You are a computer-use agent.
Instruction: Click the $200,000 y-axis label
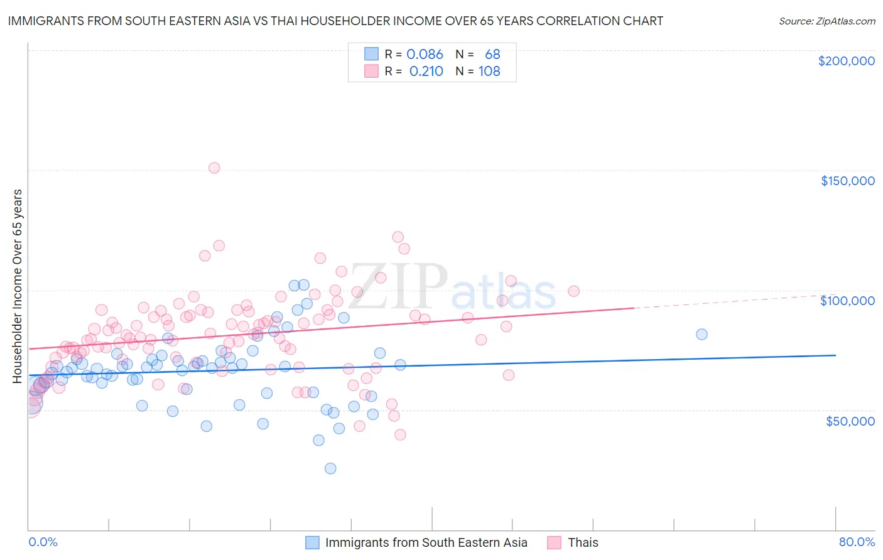pos(846,61)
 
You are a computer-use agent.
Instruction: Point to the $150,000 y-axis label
pos(847,181)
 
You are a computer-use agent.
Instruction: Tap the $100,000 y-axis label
pos(847,301)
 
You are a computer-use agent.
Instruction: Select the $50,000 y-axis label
pos(850,421)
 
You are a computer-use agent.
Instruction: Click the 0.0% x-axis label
pos(43,542)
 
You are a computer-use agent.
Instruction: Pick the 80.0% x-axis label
pos(857,542)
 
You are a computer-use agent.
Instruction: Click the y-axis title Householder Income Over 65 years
pos(18,286)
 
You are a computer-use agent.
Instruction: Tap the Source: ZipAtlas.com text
pos(826,21)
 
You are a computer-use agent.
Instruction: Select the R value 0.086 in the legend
pos(425,55)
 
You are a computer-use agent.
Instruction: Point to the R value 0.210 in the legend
pos(426,72)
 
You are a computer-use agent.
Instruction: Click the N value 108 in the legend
pos(489,72)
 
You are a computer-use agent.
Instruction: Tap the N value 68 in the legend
pos(492,55)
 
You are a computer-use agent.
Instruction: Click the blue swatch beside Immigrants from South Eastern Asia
pos(312,542)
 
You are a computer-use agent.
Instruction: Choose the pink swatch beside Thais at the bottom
pos(554,542)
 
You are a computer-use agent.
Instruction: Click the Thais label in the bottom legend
pos(583,542)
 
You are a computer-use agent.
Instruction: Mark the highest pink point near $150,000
pos(214,168)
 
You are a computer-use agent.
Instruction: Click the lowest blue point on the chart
pos(330,468)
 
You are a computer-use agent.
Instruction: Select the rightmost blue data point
pos(702,334)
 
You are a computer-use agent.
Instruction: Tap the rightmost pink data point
pos(573,291)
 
